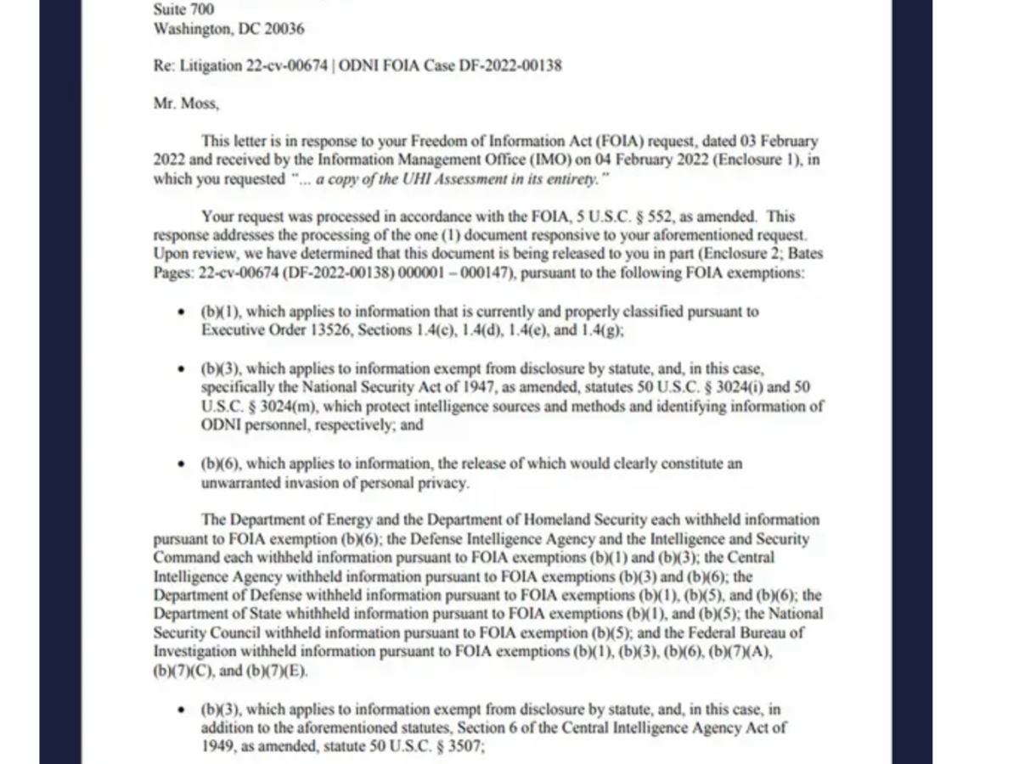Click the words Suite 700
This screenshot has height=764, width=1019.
pyautogui.click(x=183, y=10)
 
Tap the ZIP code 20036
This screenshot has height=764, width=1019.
pyautogui.click(x=284, y=30)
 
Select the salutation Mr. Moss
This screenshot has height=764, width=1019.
pyautogui.click(x=185, y=104)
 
